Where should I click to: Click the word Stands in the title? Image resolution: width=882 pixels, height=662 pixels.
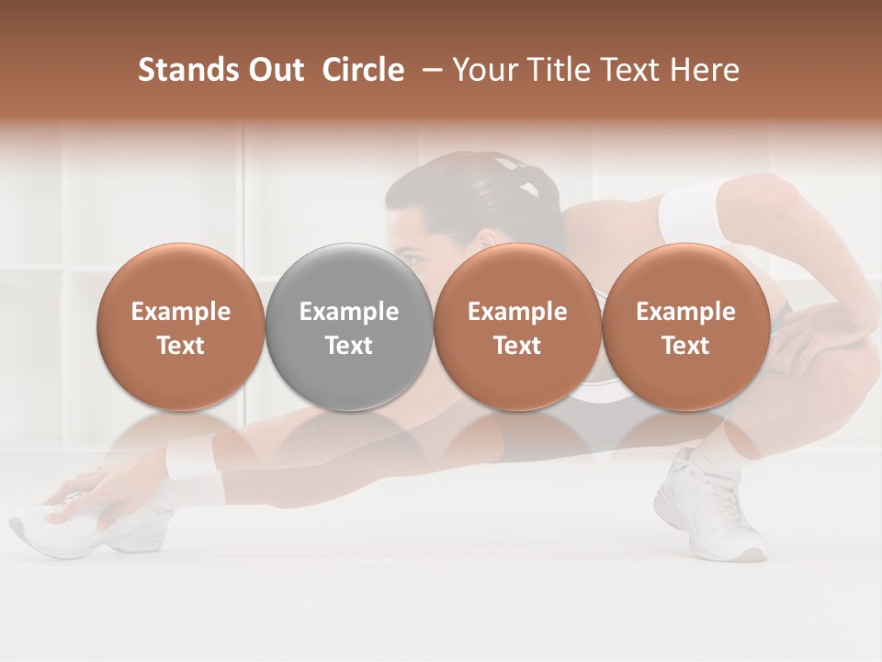[187, 70]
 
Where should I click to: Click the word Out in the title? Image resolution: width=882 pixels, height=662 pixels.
[275, 70]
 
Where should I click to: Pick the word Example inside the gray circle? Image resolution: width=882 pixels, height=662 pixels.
[349, 312]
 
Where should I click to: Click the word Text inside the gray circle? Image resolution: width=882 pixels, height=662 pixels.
[349, 346]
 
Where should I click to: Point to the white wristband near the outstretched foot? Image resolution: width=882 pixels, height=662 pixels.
[194, 460]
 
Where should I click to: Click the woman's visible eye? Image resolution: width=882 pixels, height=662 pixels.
[412, 258]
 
